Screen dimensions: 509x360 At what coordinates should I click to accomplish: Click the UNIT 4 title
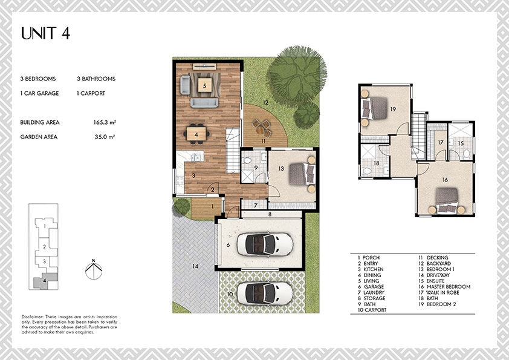pyautogui.click(x=45, y=33)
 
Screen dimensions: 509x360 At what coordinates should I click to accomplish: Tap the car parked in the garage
pyautogui.click(x=265, y=243)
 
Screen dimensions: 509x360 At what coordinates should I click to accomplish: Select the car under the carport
pyautogui.click(x=265, y=293)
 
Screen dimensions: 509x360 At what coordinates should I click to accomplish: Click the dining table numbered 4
pyautogui.click(x=196, y=134)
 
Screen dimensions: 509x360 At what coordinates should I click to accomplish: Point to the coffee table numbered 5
pyautogui.click(x=204, y=85)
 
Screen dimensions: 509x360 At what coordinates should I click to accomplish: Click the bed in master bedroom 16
pyautogui.click(x=447, y=200)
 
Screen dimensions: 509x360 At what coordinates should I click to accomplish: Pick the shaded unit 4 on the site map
pyautogui.click(x=45, y=280)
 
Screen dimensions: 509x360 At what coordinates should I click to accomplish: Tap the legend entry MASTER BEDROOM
pyautogui.click(x=449, y=287)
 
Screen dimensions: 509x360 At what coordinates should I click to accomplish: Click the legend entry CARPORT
pyautogui.click(x=375, y=310)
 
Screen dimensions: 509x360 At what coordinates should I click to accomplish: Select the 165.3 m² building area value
pyautogui.click(x=105, y=122)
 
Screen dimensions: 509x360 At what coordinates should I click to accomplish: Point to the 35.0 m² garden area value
pyautogui.click(x=105, y=137)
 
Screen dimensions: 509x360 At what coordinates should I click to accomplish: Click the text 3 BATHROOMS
pyautogui.click(x=96, y=79)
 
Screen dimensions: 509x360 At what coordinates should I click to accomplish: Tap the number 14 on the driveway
pyautogui.click(x=195, y=266)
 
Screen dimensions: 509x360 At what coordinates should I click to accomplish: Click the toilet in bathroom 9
pyautogui.click(x=247, y=160)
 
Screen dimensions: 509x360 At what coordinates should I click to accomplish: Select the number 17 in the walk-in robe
pyautogui.click(x=441, y=142)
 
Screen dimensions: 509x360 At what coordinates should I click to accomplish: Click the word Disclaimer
pyautogui.click(x=32, y=316)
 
